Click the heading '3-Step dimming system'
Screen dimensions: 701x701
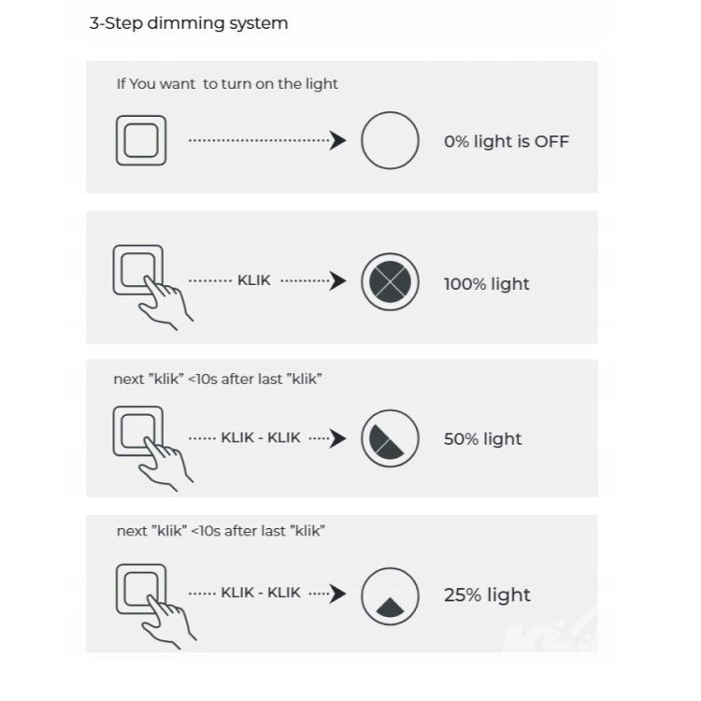point(189,23)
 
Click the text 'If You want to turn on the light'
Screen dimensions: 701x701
point(227,84)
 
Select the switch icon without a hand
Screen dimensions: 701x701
point(141,140)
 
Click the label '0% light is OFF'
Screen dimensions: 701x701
point(507,141)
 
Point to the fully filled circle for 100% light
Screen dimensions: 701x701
point(390,281)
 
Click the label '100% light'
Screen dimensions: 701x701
point(486,284)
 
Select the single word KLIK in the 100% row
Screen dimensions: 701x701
point(254,280)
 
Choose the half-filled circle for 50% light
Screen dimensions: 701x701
point(390,438)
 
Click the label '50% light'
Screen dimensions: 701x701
point(483,439)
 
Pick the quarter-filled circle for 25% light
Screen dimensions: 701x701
point(390,596)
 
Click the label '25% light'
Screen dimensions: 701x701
point(487,595)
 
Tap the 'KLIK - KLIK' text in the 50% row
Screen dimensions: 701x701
point(261,437)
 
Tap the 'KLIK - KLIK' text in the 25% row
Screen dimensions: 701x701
point(261,593)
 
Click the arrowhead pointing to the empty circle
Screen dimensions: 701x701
point(338,140)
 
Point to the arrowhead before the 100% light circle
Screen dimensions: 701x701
point(338,280)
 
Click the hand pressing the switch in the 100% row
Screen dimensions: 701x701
point(165,302)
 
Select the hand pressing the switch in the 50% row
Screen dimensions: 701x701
point(165,464)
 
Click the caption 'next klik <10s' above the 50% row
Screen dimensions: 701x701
point(218,379)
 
